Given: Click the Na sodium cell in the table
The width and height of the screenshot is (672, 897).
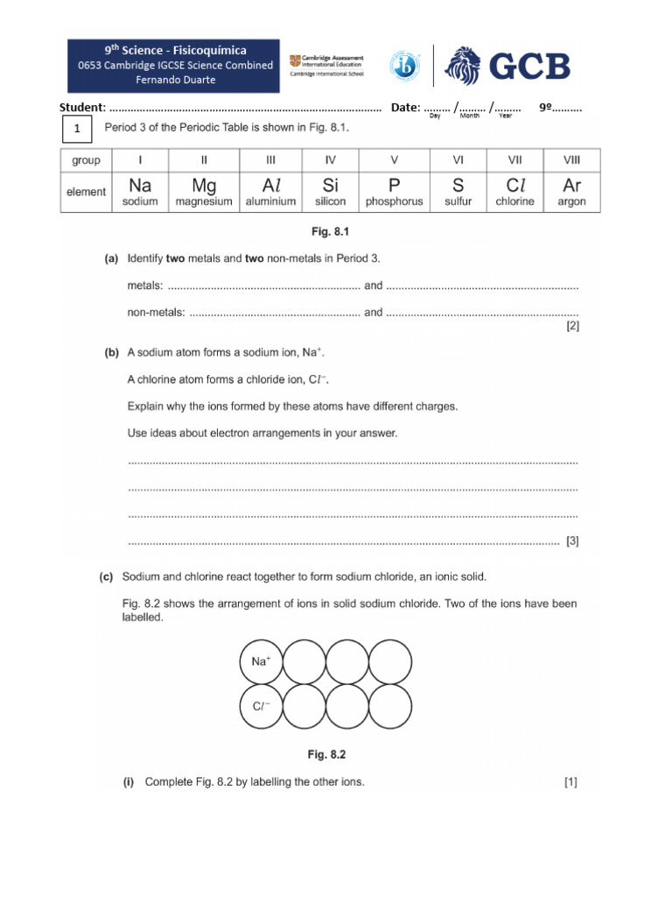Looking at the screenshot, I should coord(140,192).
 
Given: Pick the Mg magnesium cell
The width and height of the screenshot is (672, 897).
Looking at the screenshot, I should coord(203,192).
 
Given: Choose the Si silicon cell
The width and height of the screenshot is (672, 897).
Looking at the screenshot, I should coord(330,192).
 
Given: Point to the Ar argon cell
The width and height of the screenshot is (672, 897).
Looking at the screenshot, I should coord(571,192).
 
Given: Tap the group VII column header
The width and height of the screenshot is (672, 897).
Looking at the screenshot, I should coord(514,160).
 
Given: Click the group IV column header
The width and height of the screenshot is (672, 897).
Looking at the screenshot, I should coord(330,160).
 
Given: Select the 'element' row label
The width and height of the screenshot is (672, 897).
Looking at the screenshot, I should coord(86,192).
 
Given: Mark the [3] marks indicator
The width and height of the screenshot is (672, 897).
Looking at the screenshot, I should coord(572,541).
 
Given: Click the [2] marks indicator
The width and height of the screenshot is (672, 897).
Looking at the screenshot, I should coord(572,327).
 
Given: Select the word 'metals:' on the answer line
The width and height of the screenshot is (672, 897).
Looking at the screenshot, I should coord(145,286).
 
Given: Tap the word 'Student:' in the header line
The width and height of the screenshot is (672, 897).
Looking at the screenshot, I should coord(82,108).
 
